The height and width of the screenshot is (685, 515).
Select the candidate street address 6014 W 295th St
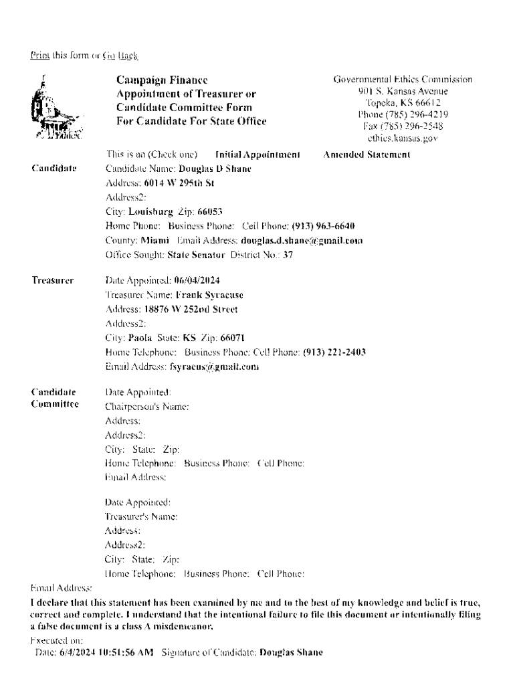point(170,182)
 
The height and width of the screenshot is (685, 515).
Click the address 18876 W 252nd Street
point(191,309)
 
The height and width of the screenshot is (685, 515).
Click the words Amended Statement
point(367,155)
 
